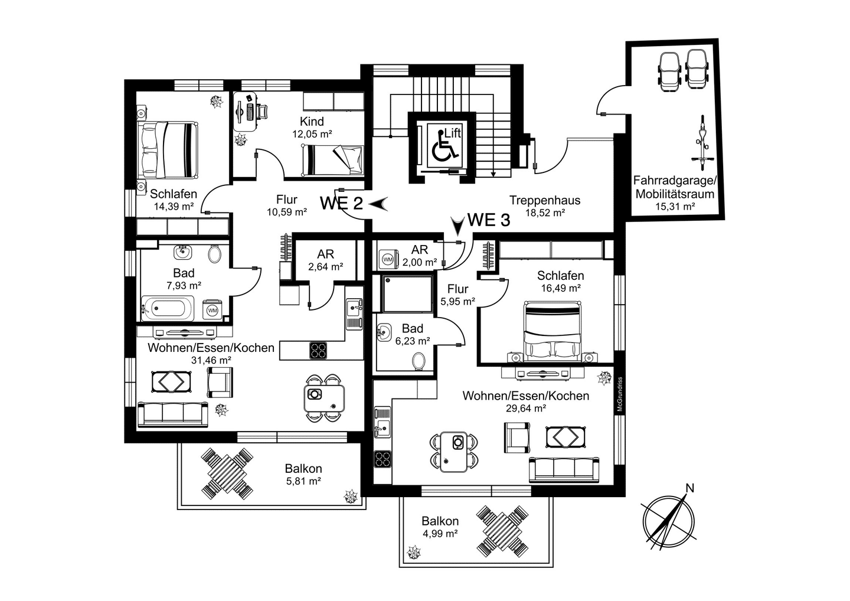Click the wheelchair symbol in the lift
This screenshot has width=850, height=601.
[444, 146]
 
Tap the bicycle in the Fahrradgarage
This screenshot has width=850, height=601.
[703, 143]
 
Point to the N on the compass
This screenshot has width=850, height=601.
[690, 488]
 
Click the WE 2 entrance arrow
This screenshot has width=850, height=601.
[378, 204]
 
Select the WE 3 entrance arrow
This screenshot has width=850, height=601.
[459, 226]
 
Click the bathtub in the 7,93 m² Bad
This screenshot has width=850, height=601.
[168, 308]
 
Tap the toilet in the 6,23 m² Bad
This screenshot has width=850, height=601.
[419, 361]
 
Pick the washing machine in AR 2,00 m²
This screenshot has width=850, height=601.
[388, 260]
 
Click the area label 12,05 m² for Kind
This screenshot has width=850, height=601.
[312, 134]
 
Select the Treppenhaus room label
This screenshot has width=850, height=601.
[544, 200]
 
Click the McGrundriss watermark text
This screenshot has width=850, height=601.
[620, 394]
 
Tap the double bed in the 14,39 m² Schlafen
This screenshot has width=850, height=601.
[168, 149]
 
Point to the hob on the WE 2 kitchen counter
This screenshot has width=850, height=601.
[318, 350]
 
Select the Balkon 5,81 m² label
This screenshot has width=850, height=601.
[303, 474]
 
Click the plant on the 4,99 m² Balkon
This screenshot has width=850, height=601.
[414, 553]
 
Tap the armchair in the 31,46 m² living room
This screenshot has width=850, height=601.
[220, 382]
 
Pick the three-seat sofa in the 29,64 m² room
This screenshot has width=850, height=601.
[564, 470]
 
